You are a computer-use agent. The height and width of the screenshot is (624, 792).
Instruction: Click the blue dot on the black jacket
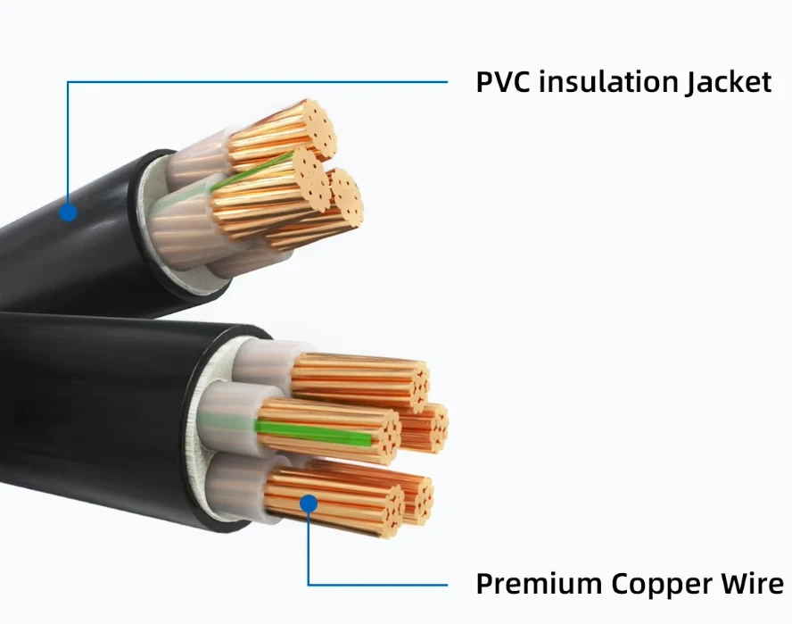68,212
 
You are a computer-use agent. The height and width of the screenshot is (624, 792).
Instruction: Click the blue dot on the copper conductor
309,503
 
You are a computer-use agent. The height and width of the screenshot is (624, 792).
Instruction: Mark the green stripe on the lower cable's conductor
312,433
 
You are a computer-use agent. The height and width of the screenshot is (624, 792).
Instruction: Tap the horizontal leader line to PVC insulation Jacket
259,82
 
